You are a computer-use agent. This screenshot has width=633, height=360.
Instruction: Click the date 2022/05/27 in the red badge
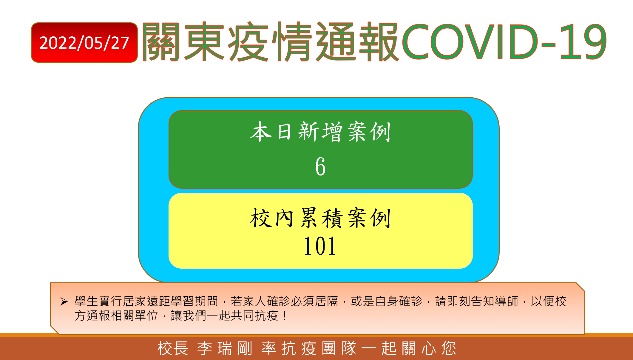[84, 43]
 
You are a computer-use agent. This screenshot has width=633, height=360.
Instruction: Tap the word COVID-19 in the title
[504, 41]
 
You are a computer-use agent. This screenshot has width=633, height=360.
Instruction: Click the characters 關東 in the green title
[183, 41]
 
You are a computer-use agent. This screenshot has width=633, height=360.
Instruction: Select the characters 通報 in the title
[357, 41]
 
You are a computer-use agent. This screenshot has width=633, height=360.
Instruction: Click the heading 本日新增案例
[320, 132]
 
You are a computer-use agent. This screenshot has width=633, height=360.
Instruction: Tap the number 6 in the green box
[320, 166]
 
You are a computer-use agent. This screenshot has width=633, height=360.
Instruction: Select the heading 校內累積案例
[320, 218]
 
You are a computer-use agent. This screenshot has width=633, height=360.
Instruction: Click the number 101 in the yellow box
[320, 246]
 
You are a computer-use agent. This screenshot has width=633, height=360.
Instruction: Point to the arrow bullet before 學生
[64, 301]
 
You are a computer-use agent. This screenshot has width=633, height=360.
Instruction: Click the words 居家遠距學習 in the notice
[159, 301]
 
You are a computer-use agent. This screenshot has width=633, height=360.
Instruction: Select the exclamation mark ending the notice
[285, 316]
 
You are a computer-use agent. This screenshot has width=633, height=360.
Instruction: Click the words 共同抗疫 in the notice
[254, 316]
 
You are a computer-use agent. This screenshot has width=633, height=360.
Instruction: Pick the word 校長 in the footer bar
[173, 348]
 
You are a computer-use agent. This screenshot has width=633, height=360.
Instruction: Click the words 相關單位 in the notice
[135, 316]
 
